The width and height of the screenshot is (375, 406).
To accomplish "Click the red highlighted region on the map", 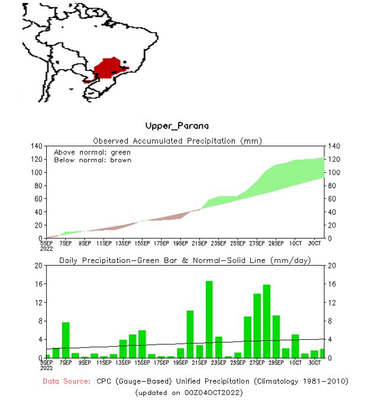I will (108, 67).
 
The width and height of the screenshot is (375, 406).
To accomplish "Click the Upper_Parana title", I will (177, 126).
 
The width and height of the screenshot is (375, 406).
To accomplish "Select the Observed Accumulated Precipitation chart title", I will (177, 141).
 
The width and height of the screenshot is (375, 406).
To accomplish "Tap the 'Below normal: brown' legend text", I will (92, 160).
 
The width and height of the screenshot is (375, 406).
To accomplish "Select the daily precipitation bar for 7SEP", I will (66, 340).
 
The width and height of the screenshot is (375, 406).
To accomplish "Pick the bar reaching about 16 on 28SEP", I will (266, 321).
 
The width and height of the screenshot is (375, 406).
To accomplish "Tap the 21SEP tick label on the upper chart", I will (199, 243).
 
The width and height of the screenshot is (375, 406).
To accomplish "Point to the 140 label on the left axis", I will (36, 146).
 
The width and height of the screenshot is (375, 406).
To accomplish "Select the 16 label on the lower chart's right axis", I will (332, 284).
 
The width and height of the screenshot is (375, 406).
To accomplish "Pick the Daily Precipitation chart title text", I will (185, 260).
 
